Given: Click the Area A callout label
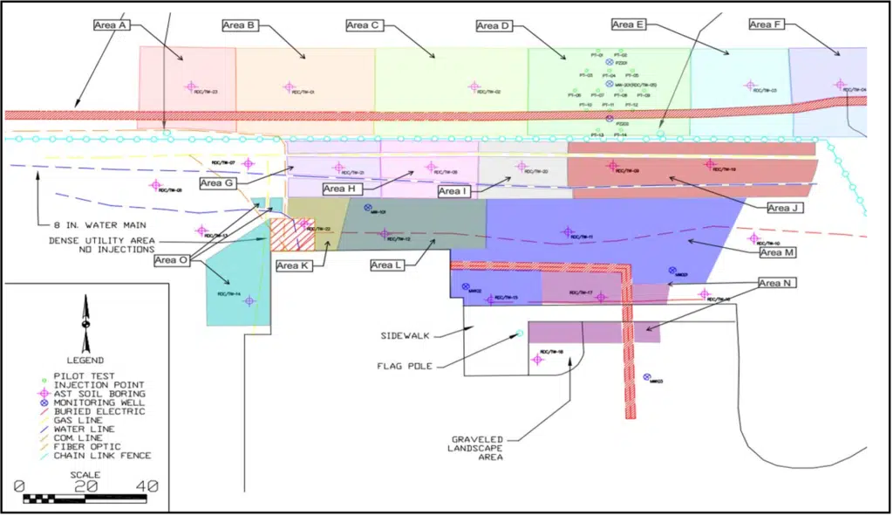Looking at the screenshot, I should [112, 25].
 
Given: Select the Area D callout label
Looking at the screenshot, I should [493, 26].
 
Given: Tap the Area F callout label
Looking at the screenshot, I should [765, 24].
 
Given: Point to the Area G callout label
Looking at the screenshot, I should [216, 183].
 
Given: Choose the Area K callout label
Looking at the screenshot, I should [293, 265].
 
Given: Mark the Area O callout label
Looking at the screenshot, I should [170, 260].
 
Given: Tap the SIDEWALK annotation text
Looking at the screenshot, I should [406, 335].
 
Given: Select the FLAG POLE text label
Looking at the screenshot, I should [401, 366].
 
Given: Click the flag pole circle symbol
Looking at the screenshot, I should [520, 333].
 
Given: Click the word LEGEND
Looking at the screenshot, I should [85, 360].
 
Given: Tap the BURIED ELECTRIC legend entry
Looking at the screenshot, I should [99, 411].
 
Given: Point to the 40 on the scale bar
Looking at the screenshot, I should [146, 485].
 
